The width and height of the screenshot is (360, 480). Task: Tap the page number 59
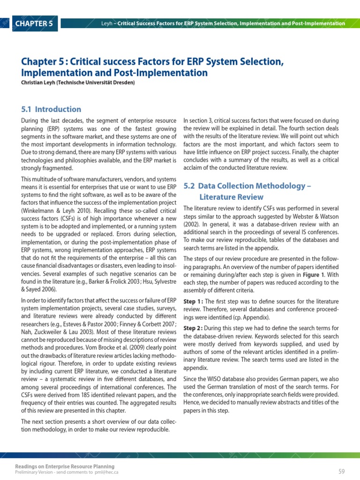[341, 471]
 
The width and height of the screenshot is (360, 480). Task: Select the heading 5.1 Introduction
[51, 109]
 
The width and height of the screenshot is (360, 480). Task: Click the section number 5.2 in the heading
[189, 186]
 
